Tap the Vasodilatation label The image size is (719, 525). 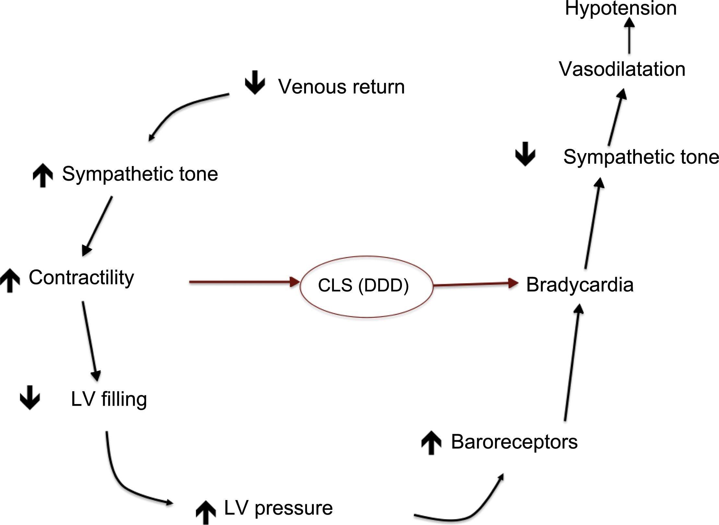(x=622, y=69)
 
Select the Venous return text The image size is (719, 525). (x=341, y=87)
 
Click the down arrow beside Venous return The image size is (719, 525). (x=255, y=82)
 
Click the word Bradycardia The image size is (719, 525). (x=580, y=285)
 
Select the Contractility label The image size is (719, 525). (x=81, y=278)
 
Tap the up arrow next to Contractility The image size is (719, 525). (x=10, y=280)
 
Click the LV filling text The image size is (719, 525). (x=109, y=399)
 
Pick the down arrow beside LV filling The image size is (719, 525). (x=30, y=398)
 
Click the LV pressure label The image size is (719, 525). (x=278, y=508)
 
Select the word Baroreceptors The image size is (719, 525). (x=514, y=442)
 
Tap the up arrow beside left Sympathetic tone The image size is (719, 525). (x=43, y=175)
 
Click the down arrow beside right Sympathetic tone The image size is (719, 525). (x=525, y=154)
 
